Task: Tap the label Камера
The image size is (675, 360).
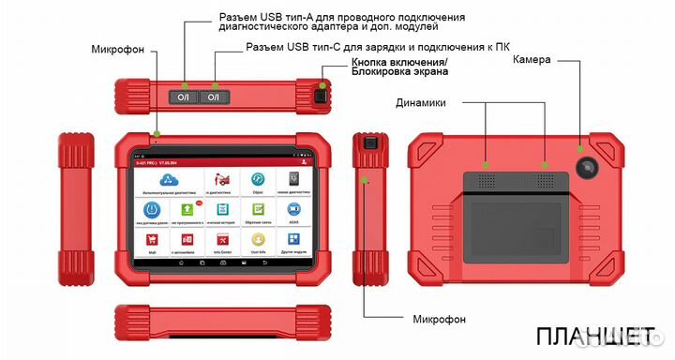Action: point(531,59)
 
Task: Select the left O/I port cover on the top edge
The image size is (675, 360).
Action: point(183,97)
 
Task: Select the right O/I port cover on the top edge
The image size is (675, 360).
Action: point(215,97)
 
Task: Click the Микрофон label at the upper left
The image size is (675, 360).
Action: point(118,49)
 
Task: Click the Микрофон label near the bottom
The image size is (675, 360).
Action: point(438,319)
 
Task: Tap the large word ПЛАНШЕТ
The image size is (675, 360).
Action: point(597,336)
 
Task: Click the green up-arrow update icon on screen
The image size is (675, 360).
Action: point(187,210)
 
